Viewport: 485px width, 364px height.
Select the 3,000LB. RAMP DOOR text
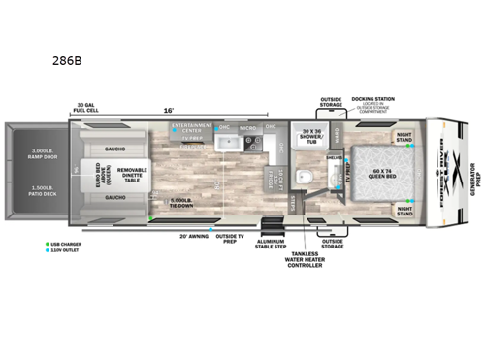tap(38, 155)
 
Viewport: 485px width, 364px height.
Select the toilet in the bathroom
tap(304, 177)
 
